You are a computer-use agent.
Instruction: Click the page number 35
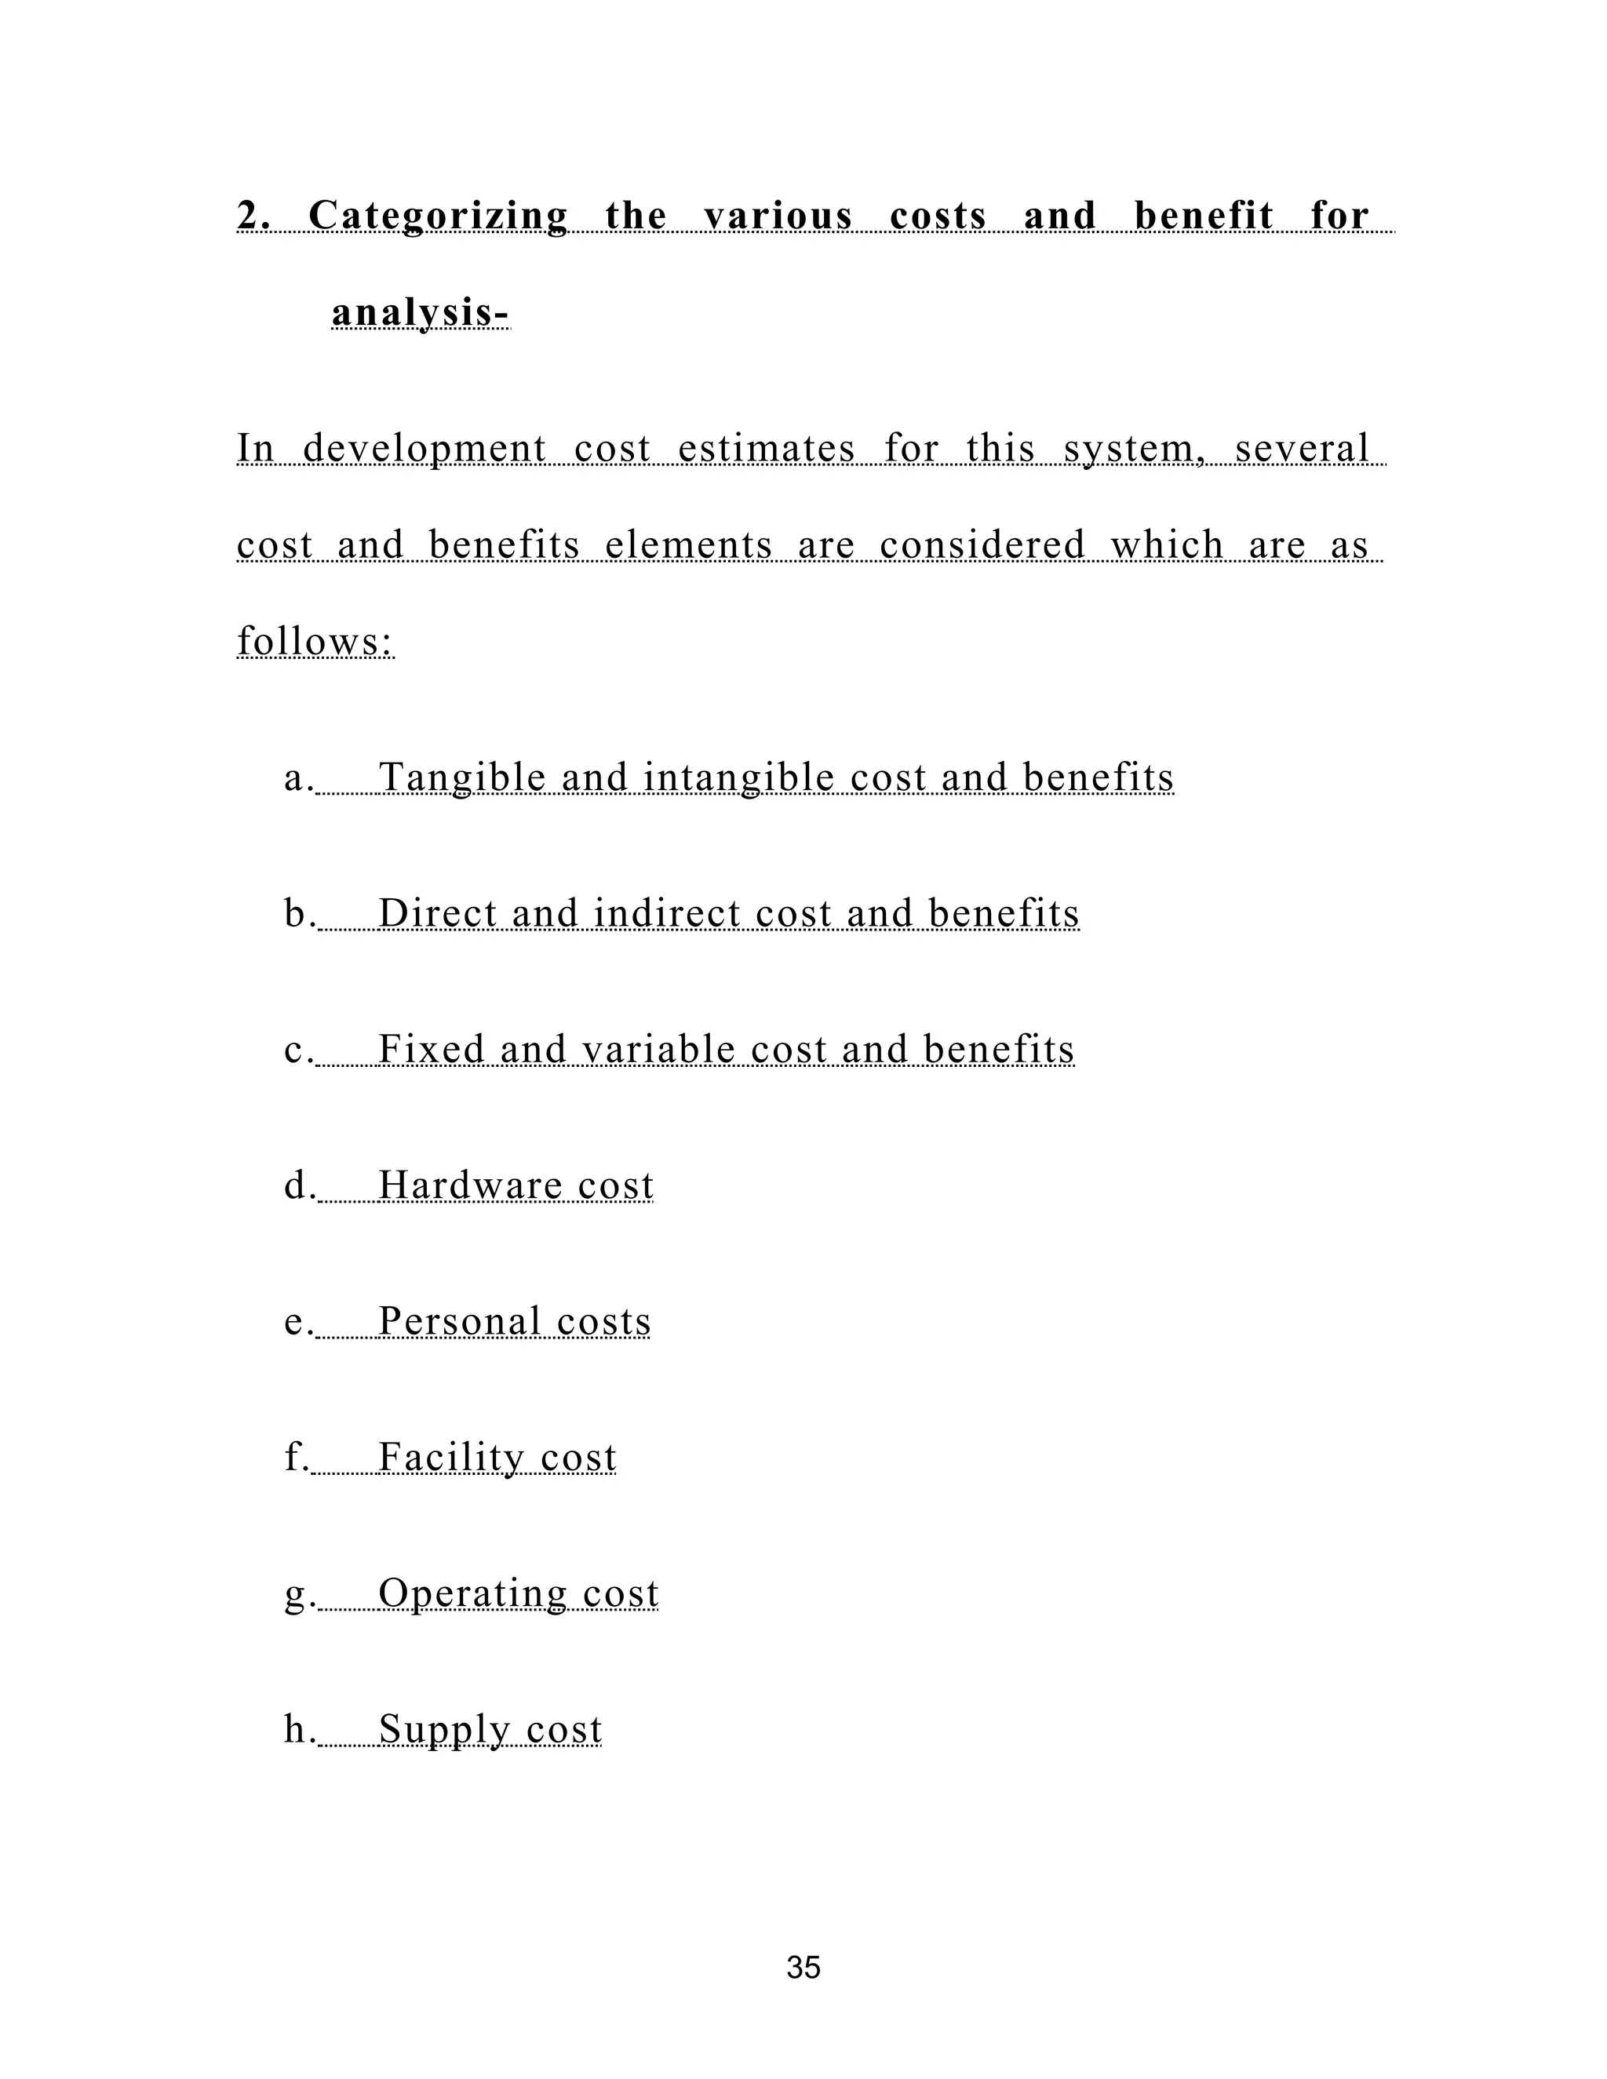(803, 1968)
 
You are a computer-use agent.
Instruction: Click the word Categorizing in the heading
(438, 216)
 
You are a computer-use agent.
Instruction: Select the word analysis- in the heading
(420, 313)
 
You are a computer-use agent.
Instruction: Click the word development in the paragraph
(425, 450)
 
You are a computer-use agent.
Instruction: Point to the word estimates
(767, 450)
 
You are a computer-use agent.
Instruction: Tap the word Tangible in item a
(463, 779)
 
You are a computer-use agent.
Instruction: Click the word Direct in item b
(438, 915)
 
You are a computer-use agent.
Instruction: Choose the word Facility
(451, 1458)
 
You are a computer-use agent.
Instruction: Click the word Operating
(472, 1594)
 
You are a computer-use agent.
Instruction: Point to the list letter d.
(296, 1185)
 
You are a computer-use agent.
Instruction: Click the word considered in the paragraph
(982, 546)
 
